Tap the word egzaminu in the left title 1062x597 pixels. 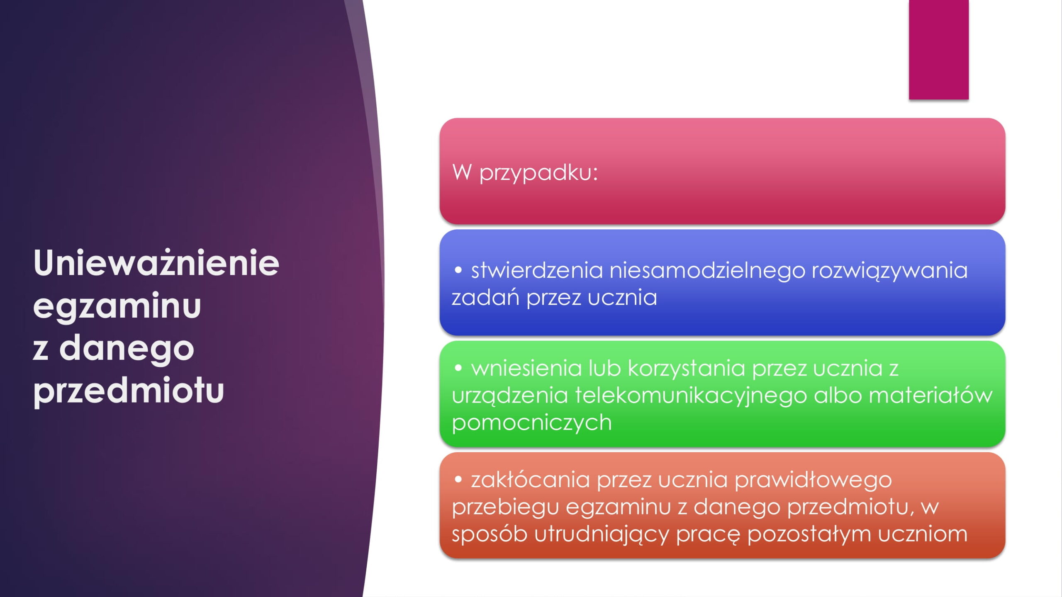tap(117, 306)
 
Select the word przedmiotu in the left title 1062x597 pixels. tap(129, 391)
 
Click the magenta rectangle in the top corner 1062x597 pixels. tap(939, 50)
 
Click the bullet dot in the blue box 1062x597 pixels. tap(458, 270)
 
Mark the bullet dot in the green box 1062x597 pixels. tap(458, 368)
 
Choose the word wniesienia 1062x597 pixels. tap(526, 368)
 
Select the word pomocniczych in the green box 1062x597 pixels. tap(532, 423)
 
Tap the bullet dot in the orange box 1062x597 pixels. tap(458, 480)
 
